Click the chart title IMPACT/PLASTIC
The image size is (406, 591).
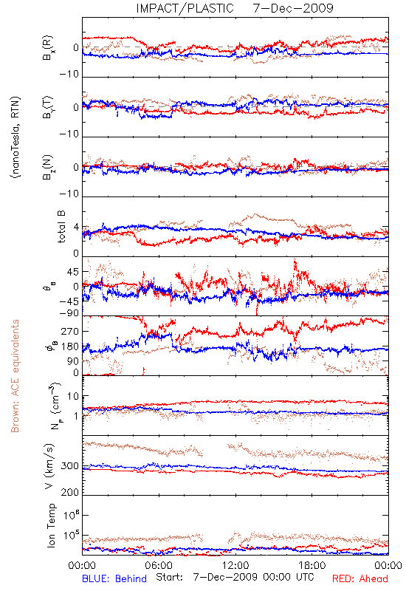pos(185,8)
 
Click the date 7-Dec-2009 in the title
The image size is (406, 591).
pos(293,8)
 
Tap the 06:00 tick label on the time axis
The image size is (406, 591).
pos(159,565)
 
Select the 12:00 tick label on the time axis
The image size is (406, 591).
pos(235,565)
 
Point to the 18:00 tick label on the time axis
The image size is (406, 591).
pos(312,565)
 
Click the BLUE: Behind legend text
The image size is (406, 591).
pos(114,578)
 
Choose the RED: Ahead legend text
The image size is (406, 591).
pos(360,578)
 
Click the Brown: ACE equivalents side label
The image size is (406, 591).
pos(15,376)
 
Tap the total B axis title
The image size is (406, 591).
pos(61,227)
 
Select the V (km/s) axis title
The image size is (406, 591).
pos(49,466)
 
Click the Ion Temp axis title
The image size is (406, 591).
pos(51,525)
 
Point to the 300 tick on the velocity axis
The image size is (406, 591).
pos(69,466)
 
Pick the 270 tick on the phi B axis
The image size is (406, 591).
pos(69,331)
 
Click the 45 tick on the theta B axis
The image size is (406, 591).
pos(72,272)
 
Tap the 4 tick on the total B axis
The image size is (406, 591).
pos(77,228)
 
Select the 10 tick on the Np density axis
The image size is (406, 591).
pos(73,397)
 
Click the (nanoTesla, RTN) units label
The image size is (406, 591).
pos(16,137)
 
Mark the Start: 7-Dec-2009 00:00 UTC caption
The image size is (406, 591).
pos(235,577)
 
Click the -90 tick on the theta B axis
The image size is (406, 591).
pos(69,313)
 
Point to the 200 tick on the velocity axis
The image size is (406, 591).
pos(69,492)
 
